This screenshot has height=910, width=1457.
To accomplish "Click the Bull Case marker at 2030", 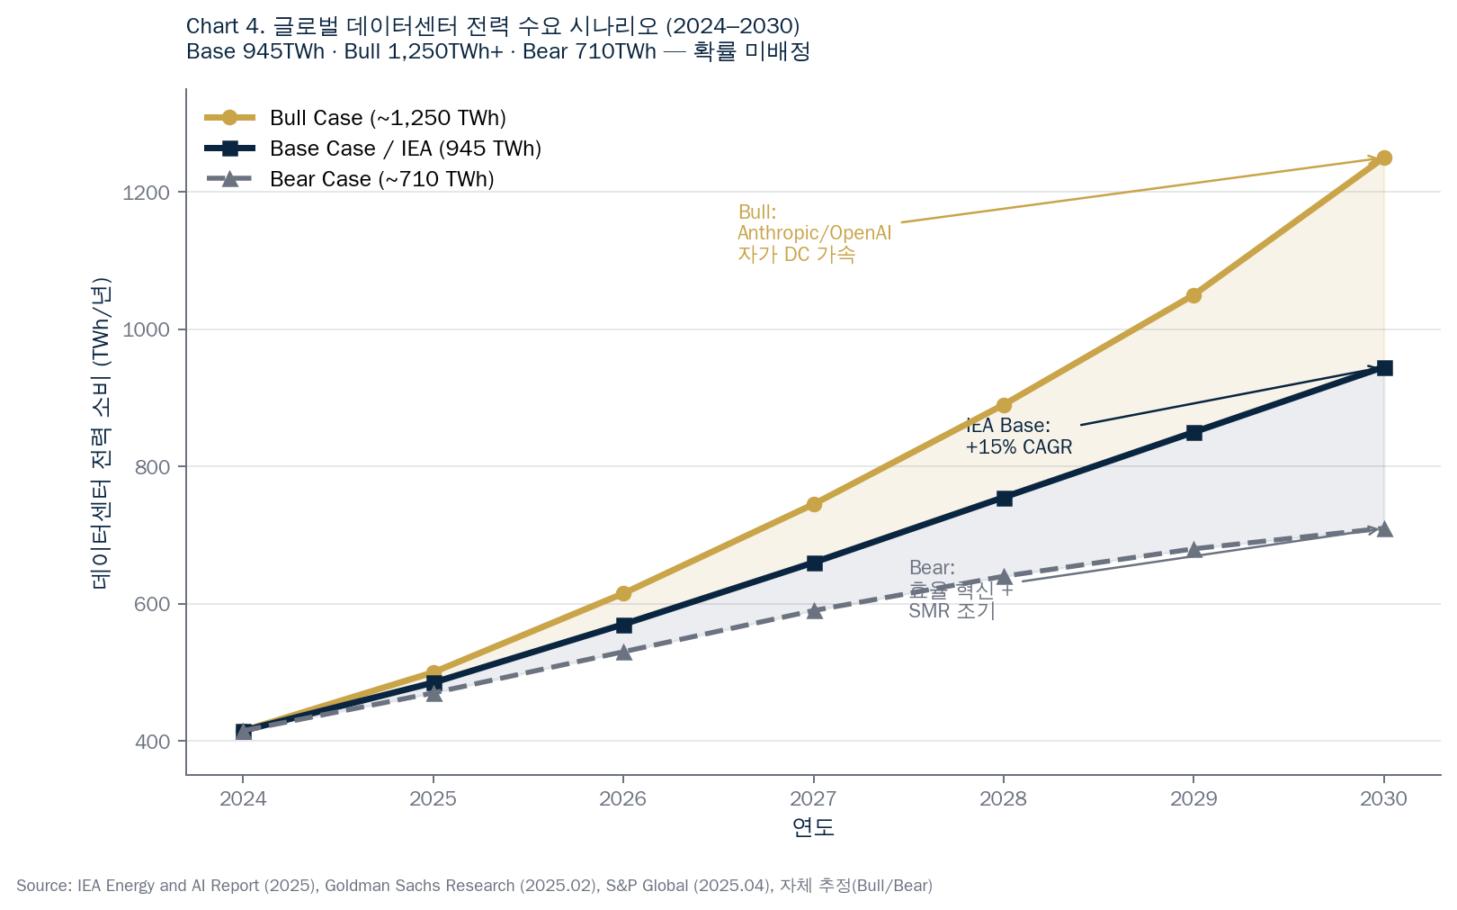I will (x=1384, y=158).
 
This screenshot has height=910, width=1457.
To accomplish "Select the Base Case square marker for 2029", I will (x=1193, y=433).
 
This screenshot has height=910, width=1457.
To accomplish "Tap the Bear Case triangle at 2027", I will (x=814, y=611).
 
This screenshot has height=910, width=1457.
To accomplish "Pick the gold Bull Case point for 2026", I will (x=623, y=593).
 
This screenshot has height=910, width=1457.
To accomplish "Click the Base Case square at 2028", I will (x=1004, y=498).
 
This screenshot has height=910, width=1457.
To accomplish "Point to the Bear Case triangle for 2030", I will (x=1384, y=529).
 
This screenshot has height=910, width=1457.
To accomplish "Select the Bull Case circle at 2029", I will (x=1193, y=295).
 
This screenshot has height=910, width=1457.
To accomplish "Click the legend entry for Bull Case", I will (x=387, y=118).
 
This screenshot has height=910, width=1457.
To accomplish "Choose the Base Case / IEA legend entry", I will (x=405, y=149).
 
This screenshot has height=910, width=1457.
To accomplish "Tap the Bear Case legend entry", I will (x=381, y=179).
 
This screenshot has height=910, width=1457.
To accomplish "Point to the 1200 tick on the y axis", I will (x=146, y=193).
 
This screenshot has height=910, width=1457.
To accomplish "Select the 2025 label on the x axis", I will (x=433, y=798).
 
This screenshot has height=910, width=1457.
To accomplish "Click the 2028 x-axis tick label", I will (x=1003, y=798).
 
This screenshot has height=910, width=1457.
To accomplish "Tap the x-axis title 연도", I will (x=813, y=827).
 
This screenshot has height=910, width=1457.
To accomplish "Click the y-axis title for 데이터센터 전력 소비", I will (x=100, y=432).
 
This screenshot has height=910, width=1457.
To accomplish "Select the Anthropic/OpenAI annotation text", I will (x=814, y=233).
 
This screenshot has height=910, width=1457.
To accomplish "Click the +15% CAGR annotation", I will (x=1018, y=446).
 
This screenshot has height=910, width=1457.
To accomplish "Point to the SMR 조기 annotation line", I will (x=952, y=611).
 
